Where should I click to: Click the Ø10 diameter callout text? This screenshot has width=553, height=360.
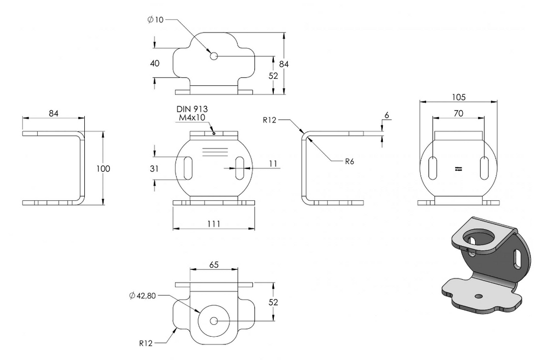155,20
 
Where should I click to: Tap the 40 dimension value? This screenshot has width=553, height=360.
155,64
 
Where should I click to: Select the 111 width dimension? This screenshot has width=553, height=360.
214,224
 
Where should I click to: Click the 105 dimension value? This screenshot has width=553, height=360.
458,97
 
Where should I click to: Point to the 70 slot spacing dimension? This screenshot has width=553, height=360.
458,113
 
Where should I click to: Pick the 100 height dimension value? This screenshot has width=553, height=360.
103,168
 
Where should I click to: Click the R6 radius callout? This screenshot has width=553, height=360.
349,161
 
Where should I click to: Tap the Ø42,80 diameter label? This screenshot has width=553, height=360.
143,296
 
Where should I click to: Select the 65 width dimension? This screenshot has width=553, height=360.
214,264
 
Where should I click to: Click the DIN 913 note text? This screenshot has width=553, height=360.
192,110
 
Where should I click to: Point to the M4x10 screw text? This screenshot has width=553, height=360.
192,118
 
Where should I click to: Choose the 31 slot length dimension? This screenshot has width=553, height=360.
154,168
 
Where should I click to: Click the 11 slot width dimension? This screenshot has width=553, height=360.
273,164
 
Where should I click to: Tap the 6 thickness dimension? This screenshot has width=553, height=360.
387,116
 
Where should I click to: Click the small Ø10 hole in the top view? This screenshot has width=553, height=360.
214,56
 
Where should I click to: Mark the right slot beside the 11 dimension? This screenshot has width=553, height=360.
240,168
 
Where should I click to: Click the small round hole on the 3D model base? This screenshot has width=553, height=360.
478,296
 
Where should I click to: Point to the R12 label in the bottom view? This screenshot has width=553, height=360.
146,343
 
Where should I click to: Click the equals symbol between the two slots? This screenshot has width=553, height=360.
458,169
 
